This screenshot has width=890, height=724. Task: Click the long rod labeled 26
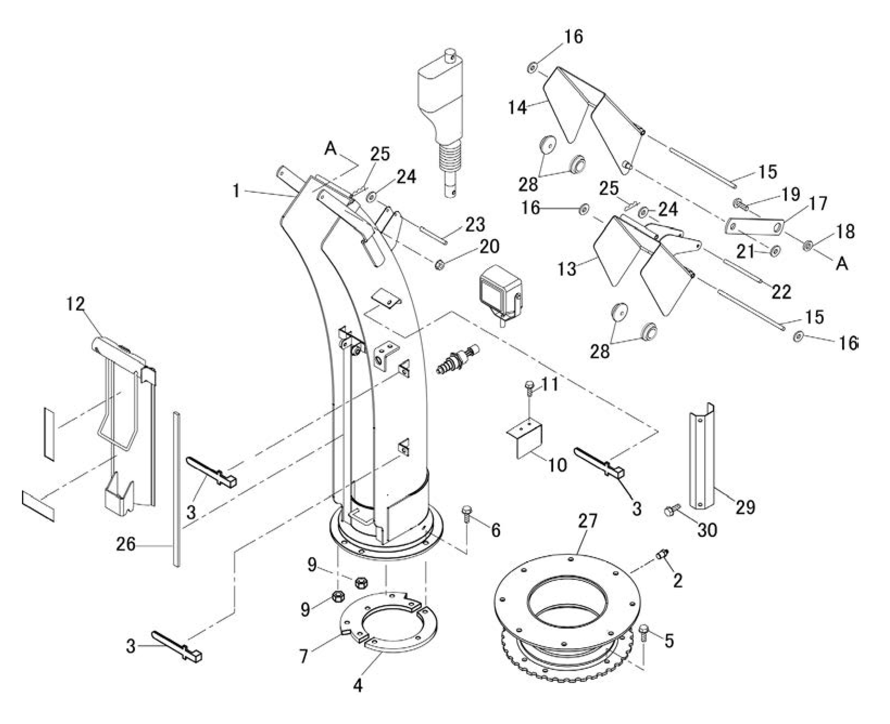click(177, 489)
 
